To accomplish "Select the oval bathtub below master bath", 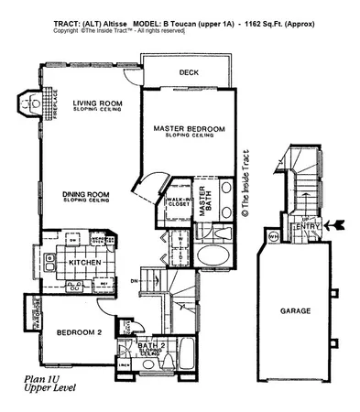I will (x=211, y=255).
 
